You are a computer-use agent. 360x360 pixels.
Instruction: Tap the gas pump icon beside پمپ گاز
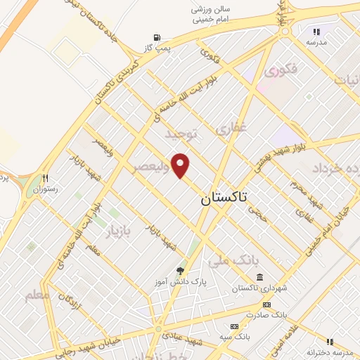click(x=155, y=37)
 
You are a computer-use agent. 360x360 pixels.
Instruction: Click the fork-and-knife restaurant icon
click(x=46, y=178)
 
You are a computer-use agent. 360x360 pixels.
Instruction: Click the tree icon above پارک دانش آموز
click(x=181, y=270)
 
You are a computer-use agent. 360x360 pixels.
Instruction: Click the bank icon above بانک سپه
click(x=234, y=326)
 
